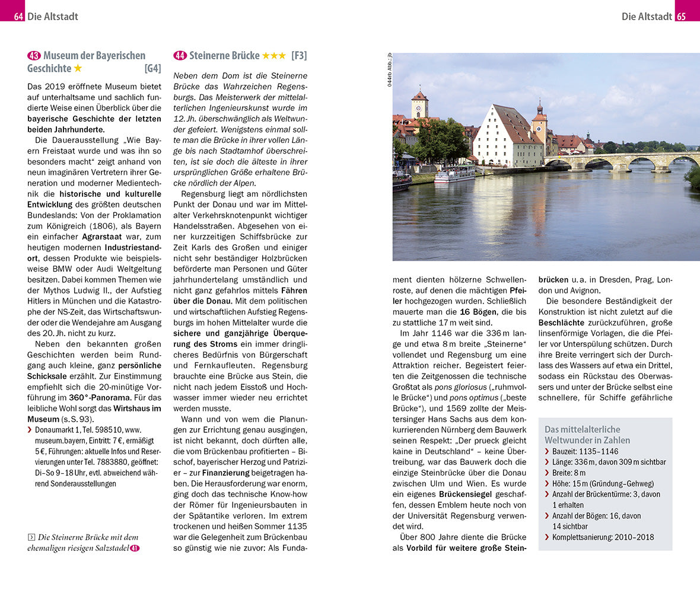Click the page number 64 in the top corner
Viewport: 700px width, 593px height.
[x=18, y=17]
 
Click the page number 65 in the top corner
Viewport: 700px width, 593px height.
[x=681, y=17]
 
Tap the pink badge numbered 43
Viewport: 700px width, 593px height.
[x=34, y=56]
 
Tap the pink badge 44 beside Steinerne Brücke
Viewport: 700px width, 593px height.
[x=180, y=56]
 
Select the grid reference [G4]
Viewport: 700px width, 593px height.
[x=152, y=69]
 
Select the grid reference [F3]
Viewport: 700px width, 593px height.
[x=299, y=56]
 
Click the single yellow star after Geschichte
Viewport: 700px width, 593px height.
[x=78, y=69]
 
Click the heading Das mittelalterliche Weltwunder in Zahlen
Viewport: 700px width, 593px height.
[x=587, y=435]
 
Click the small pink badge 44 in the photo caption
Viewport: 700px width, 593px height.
[x=135, y=549]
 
